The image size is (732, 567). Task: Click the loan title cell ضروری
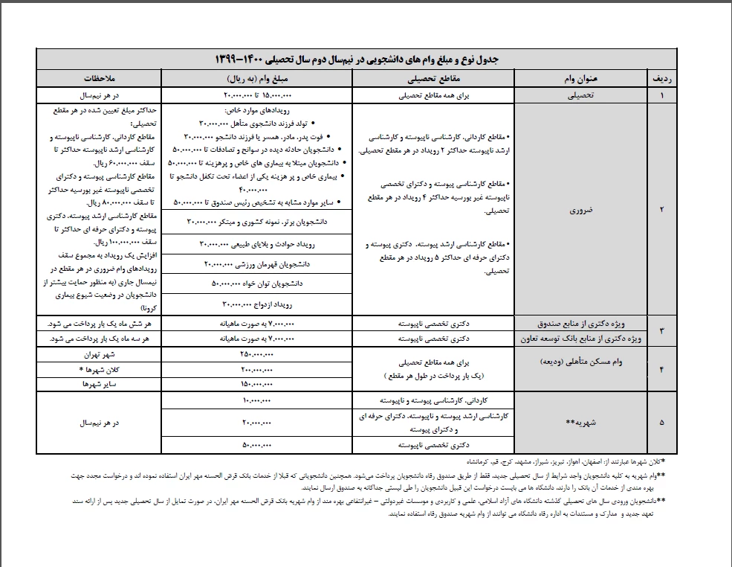pos(580,210)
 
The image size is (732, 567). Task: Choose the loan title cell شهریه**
pos(580,421)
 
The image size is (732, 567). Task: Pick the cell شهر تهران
pos(98,355)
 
